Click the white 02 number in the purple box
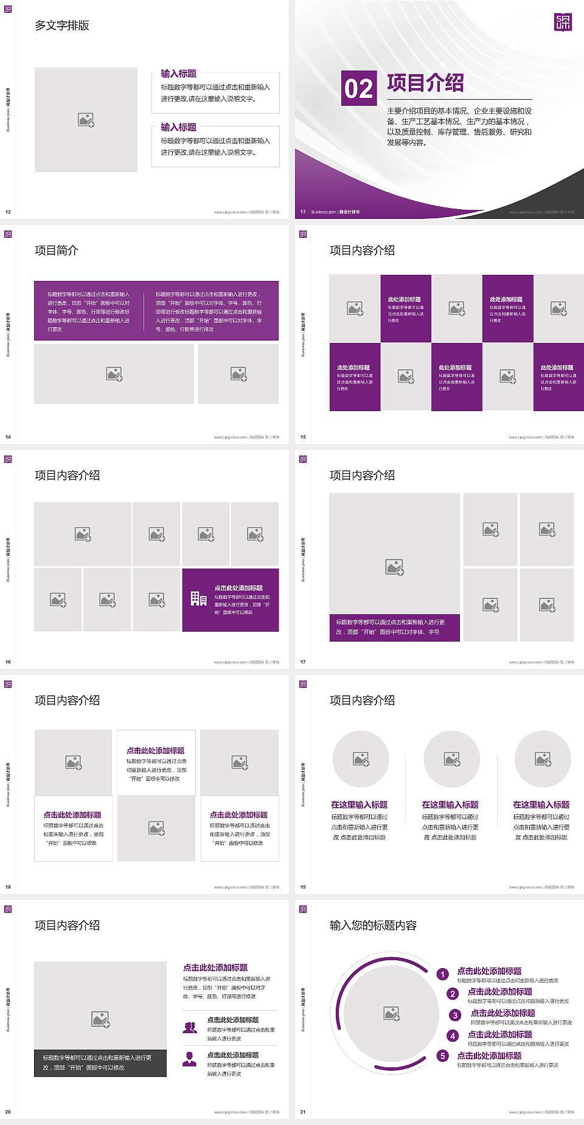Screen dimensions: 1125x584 (x=358, y=89)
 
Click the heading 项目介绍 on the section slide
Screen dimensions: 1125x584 (x=425, y=83)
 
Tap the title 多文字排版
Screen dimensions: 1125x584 (x=62, y=26)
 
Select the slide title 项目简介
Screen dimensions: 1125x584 (x=57, y=251)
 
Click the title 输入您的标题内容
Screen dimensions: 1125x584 (x=373, y=926)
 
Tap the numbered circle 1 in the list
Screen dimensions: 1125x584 (x=443, y=974)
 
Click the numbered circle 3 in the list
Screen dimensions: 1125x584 (x=455, y=1015)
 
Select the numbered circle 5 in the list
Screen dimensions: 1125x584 (x=443, y=1056)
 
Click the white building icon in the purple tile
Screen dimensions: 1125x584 (x=198, y=599)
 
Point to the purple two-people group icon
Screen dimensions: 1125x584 (x=190, y=1027)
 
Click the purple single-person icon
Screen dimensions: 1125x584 (x=190, y=1059)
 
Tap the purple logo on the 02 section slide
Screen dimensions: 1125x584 (x=563, y=22)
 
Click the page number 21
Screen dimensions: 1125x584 (x=303, y=1112)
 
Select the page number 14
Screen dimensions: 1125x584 (x=8, y=437)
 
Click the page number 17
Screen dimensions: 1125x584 (x=303, y=662)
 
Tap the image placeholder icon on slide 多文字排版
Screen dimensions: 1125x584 (x=86, y=120)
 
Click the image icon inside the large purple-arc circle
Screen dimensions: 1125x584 (x=392, y=1013)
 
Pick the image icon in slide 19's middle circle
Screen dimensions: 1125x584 (x=452, y=759)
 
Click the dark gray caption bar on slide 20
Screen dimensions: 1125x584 (x=100, y=1062)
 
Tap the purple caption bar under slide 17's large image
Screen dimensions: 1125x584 (x=394, y=627)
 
